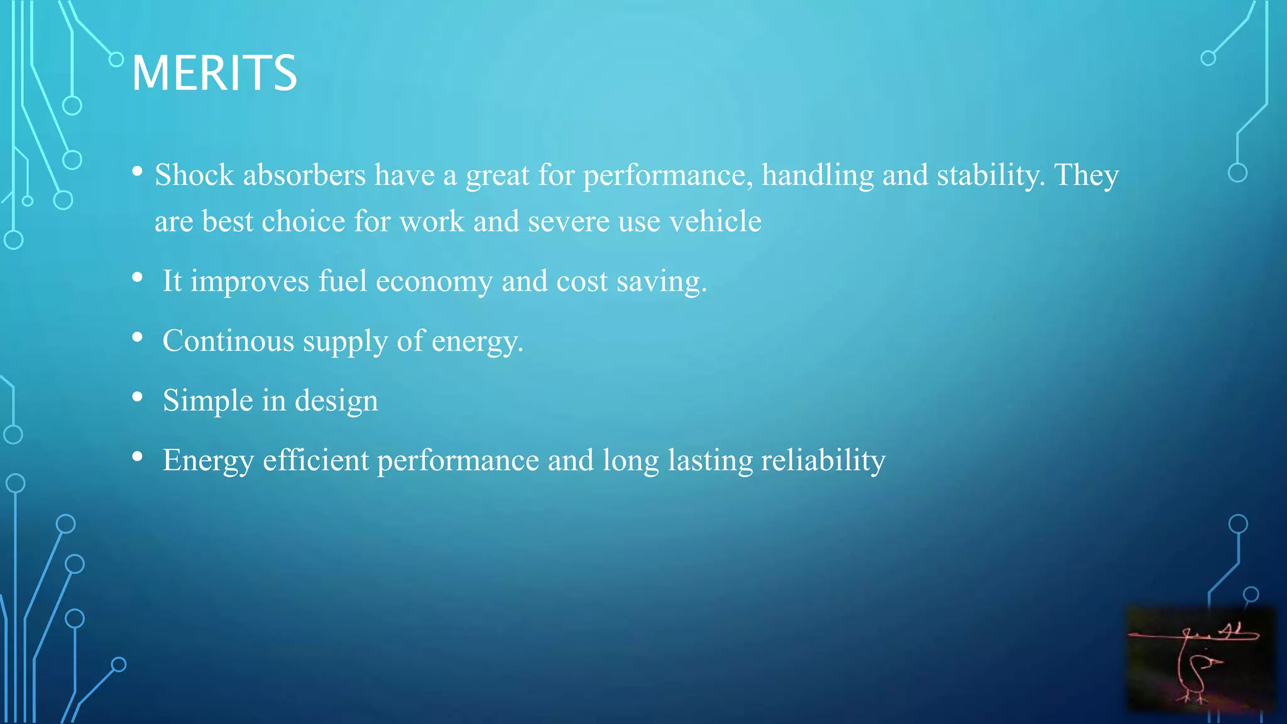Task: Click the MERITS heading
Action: [x=214, y=73]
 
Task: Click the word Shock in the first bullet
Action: [x=194, y=175]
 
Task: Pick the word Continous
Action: [x=228, y=341]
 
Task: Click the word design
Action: [x=336, y=401]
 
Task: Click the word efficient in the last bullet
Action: [x=315, y=460]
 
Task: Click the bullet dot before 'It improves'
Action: [x=138, y=277]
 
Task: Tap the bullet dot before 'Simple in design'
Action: [x=138, y=397]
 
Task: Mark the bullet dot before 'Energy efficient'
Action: [x=138, y=456]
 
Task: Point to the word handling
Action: [x=818, y=175]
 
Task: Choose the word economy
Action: [x=434, y=282]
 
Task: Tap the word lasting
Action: [x=710, y=461]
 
